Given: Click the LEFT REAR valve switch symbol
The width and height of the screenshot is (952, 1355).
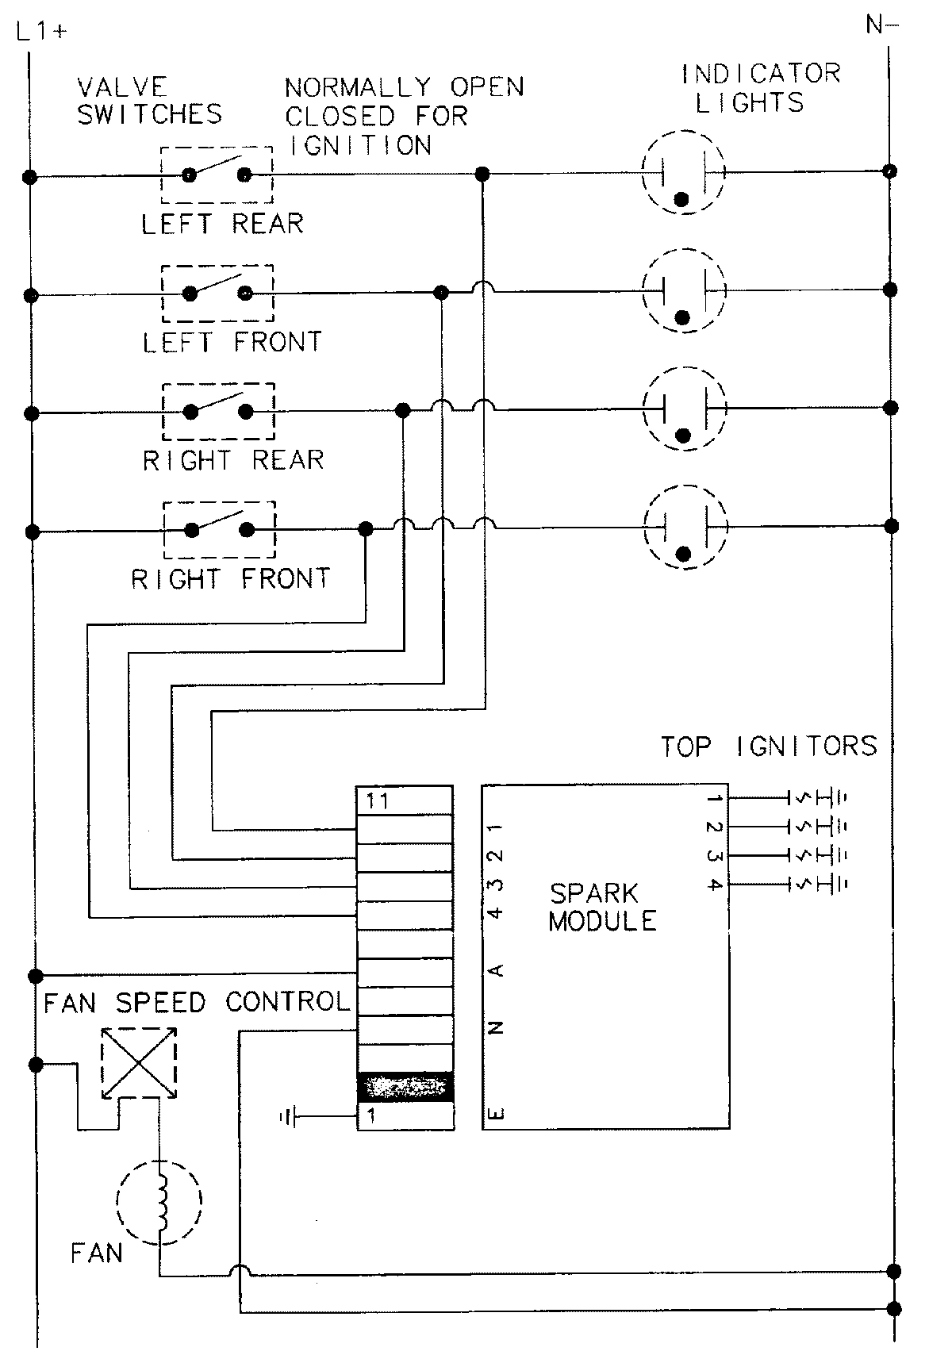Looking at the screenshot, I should click(217, 175).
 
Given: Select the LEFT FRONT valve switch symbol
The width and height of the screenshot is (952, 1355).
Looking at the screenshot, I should click(217, 293).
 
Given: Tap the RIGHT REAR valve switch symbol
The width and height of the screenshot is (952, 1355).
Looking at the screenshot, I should click(218, 411).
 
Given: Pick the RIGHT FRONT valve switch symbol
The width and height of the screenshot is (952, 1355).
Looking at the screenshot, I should click(219, 529).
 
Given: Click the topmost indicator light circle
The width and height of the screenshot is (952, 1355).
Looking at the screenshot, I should click(683, 172).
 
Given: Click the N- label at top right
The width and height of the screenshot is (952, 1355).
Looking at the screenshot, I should click(881, 26).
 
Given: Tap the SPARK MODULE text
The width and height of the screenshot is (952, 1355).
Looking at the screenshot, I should click(603, 908).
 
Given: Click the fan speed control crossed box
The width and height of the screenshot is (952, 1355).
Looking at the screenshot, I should click(139, 1063).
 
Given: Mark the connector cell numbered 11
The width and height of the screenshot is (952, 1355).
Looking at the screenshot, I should click(405, 800).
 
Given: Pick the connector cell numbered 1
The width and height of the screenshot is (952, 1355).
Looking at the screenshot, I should click(405, 1116).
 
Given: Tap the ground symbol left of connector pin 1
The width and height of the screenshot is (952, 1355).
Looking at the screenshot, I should click(287, 1118).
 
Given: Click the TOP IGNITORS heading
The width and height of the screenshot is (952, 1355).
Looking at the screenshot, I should click(770, 747).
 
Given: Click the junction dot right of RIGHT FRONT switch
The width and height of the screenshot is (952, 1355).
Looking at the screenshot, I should click(365, 528).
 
